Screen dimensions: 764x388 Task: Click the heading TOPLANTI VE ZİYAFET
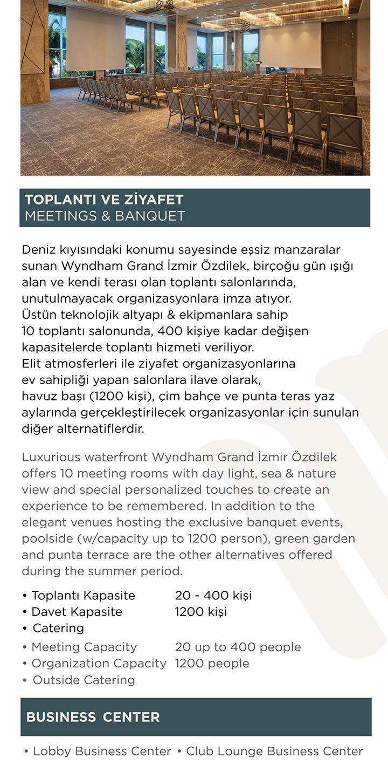(104, 200)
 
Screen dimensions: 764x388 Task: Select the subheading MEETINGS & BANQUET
(105, 216)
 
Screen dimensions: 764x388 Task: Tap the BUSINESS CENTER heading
(93, 717)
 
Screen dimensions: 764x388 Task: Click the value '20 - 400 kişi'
(213, 596)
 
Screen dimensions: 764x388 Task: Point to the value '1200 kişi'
(200, 612)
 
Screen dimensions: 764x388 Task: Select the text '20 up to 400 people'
(238, 647)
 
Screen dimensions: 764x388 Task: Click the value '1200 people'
(212, 663)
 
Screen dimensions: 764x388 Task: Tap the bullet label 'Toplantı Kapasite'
(83, 596)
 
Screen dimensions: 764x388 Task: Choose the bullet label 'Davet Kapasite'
(77, 612)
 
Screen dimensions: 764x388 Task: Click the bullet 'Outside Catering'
(84, 680)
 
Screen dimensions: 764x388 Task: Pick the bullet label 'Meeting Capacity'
(84, 647)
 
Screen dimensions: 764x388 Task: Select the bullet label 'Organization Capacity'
(99, 663)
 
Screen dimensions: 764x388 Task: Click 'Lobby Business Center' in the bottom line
(102, 751)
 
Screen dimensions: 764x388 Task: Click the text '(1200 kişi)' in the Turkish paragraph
(122, 397)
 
